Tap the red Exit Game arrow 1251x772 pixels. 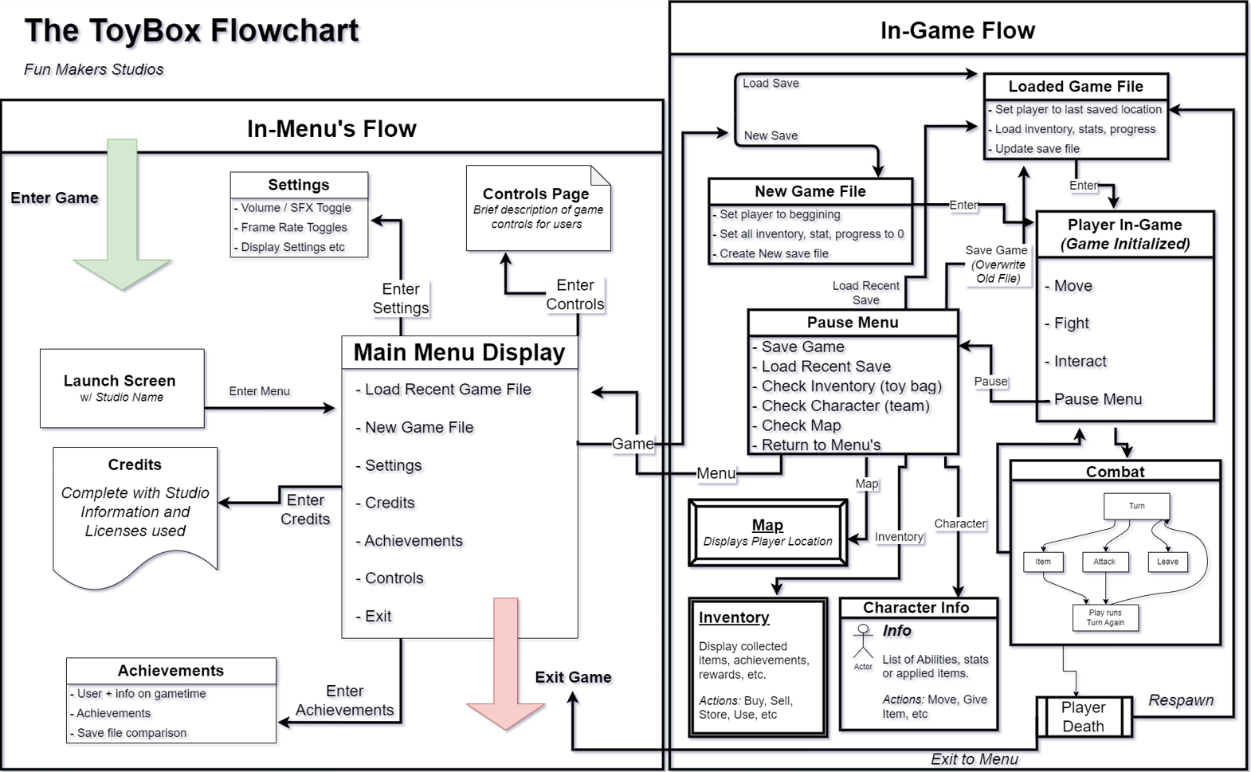tap(505, 664)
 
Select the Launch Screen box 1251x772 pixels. tap(122, 389)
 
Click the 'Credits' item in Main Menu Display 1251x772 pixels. tap(390, 503)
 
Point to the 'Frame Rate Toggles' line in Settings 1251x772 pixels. tap(294, 228)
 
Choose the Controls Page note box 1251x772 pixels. tap(539, 208)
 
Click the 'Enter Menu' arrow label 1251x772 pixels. tap(259, 391)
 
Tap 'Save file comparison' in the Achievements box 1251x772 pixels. tap(131, 733)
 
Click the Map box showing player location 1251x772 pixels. tap(768, 532)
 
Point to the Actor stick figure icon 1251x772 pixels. tap(863, 642)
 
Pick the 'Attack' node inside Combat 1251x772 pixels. tap(1104, 562)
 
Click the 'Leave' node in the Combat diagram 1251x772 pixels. tap(1167, 562)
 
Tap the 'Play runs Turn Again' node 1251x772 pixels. tap(1105, 617)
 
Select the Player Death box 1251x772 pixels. tap(1084, 717)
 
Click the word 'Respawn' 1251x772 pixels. tap(1181, 700)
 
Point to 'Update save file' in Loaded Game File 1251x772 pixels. tap(1037, 149)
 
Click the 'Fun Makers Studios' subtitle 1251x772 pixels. tap(94, 69)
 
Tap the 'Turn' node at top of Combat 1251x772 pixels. tap(1136, 506)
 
